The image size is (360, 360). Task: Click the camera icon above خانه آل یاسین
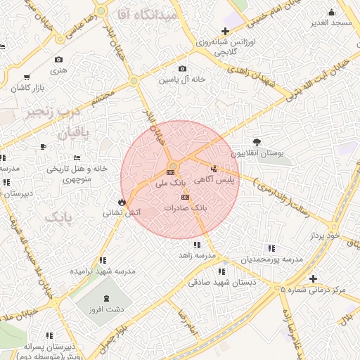182,68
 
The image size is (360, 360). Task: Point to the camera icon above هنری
58,59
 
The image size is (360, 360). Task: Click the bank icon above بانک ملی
171,172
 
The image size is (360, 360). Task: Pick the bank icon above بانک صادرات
185,198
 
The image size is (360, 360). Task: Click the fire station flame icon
122,202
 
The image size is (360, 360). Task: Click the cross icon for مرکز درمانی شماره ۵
313,278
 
